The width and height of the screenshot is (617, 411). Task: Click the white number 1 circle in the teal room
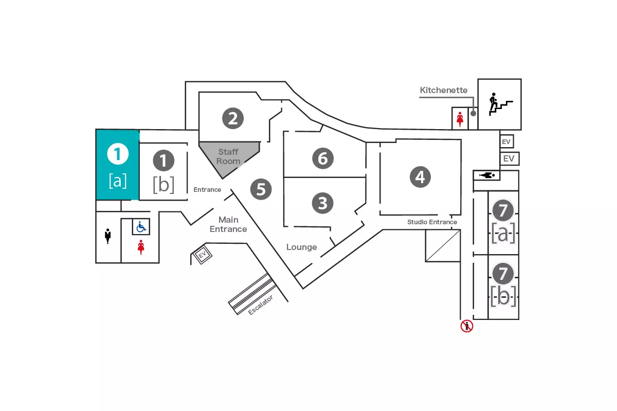click(x=117, y=153)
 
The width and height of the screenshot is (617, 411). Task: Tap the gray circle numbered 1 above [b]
click(x=164, y=161)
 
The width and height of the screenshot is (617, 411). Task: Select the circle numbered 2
click(x=233, y=119)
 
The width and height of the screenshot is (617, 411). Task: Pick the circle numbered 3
click(x=322, y=203)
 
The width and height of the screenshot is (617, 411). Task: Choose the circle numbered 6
click(x=323, y=158)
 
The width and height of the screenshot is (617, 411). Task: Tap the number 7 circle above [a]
click(x=503, y=210)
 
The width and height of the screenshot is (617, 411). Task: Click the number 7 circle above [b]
click(x=503, y=273)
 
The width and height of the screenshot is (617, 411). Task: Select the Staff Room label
click(x=228, y=156)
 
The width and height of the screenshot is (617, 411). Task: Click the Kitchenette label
click(x=444, y=91)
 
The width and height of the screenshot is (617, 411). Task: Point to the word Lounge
click(x=301, y=247)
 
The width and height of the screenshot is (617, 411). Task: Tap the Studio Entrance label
click(x=432, y=222)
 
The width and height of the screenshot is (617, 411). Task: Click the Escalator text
click(x=260, y=305)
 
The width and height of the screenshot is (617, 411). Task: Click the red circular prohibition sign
click(x=466, y=326)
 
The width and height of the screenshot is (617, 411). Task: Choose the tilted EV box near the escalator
click(x=202, y=255)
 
